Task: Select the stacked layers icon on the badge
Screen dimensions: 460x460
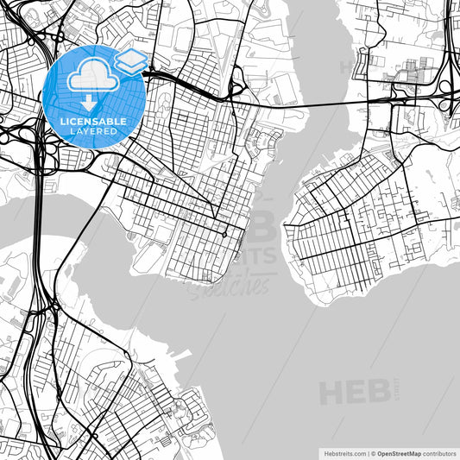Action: click(131, 61)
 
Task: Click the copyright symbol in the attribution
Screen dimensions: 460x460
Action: click(372, 452)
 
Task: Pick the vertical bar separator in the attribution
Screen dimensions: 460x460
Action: click(366, 452)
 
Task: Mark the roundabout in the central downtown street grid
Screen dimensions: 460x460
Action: click(224, 234)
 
